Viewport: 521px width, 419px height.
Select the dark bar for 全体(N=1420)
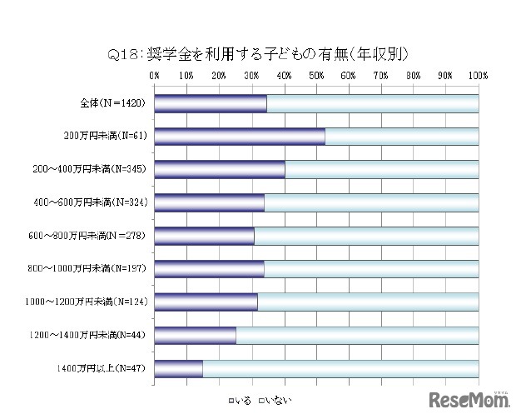211,103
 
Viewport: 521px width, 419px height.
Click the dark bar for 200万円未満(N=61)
240,137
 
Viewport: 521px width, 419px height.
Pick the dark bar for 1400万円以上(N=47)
178,368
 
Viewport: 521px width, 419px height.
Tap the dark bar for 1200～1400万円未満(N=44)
195,335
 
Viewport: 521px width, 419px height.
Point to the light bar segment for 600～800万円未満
366,236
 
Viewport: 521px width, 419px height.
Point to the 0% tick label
154,76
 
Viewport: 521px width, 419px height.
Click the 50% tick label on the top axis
316,76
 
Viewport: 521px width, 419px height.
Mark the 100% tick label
479,76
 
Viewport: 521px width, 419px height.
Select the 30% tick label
251,76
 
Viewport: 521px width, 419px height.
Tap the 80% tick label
414,76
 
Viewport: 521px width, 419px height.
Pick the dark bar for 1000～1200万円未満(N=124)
206,302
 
